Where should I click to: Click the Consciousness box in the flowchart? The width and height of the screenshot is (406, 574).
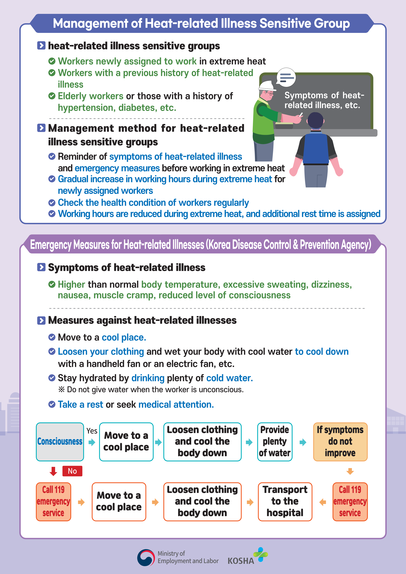point(60,441)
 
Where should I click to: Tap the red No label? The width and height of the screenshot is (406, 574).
point(72,471)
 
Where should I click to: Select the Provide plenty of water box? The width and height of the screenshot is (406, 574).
point(275,441)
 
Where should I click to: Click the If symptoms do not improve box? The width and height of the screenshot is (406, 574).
point(340,441)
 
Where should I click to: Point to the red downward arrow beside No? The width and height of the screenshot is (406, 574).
point(53,471)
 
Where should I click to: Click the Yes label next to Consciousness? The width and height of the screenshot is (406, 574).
point(92,431)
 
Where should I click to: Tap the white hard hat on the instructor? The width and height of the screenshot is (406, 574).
point(267,86)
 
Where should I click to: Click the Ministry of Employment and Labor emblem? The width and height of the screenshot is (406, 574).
point(146,557)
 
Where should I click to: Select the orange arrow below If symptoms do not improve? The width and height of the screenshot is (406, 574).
point(350,471)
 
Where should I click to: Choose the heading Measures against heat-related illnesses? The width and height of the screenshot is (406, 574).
point(142,320)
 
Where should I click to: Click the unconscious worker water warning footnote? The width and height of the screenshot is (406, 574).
point(151,389)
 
